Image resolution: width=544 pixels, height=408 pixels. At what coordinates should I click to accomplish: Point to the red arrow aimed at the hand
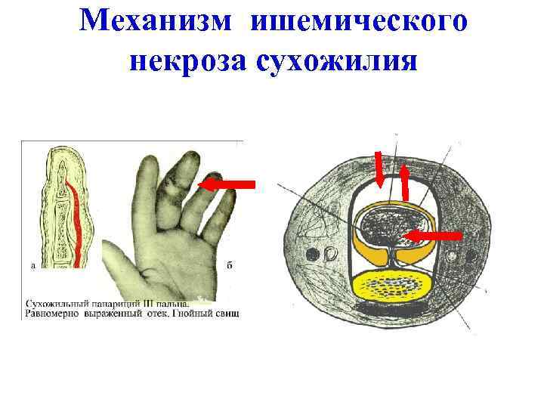226,184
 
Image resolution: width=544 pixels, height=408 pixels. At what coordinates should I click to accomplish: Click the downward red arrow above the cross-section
379,170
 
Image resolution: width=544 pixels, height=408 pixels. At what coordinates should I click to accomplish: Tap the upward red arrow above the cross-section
404,181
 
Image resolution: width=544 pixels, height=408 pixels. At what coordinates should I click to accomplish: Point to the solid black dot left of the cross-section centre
309,252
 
